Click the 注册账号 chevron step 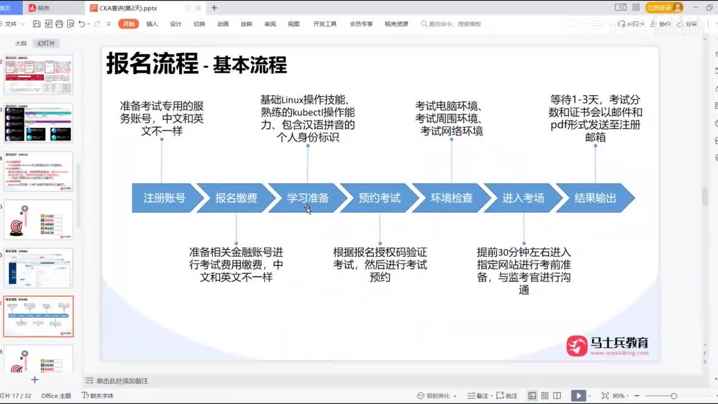[164, 198]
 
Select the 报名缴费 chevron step [236, 198]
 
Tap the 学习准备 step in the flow [308, 198]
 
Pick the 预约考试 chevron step [380, 198]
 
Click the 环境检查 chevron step [452, 198]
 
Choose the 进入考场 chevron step [523, 198]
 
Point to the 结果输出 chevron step [595, 198]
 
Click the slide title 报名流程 [152, 63]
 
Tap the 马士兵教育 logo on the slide [607, 346]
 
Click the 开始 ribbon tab [128, 24]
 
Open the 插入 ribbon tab [152, 24]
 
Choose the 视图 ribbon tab [293, 24]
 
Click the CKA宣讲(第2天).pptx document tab [128, 8]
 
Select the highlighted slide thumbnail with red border [39, 316]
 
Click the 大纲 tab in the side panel [21, 43]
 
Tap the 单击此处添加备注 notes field [122, 381]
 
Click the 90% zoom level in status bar [619, 396]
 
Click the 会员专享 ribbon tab [361, 24]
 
